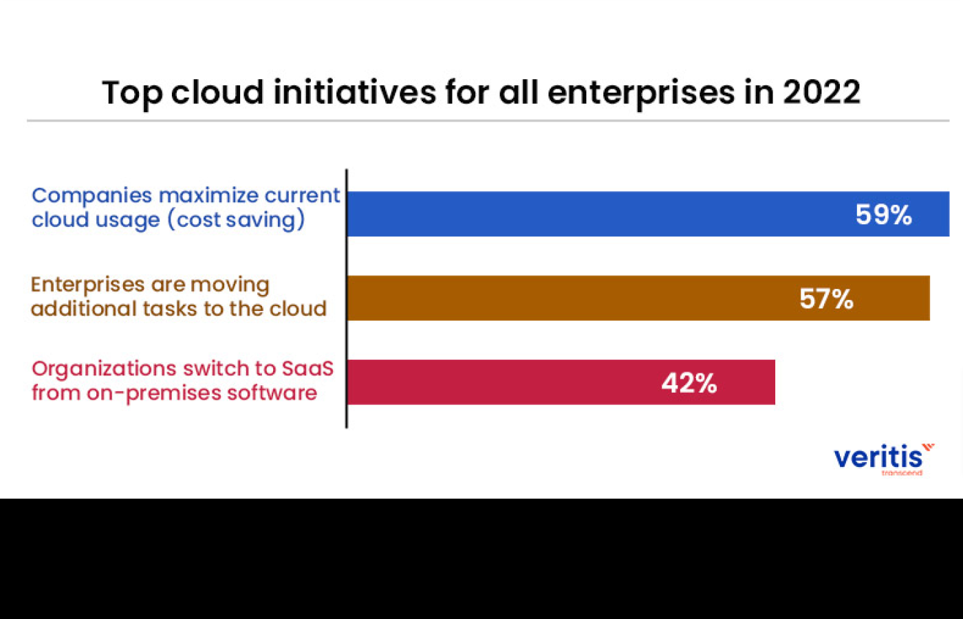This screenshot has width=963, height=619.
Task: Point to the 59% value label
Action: [x=883, y=215]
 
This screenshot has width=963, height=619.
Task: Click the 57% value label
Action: [x=826, y=299]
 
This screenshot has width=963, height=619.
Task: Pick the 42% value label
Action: [x=689, y=383]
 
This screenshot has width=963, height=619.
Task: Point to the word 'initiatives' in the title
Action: [x=354, y=92]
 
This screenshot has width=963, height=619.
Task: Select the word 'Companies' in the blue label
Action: [x=91, y=196]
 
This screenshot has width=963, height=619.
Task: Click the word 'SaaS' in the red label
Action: [x=307, y=369]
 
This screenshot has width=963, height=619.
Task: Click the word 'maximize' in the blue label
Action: [x=208, y=195]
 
